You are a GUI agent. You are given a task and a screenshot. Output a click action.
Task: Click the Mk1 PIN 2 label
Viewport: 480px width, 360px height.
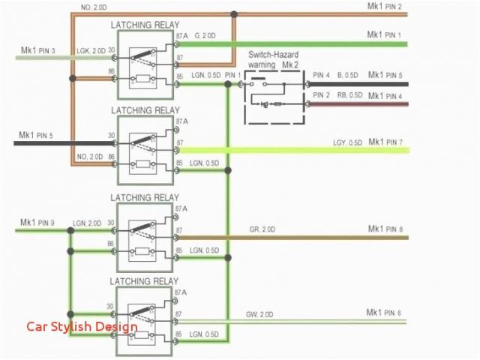(384, 7)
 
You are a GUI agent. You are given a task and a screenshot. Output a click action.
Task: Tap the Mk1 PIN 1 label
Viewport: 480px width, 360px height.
(384, 34)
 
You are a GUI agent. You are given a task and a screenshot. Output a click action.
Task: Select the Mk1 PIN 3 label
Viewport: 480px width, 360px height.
(37, 50)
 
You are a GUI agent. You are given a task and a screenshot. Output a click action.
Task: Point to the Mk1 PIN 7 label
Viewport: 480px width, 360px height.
(384, 142)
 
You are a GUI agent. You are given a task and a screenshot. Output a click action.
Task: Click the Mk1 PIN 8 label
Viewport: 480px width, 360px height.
(385, 229)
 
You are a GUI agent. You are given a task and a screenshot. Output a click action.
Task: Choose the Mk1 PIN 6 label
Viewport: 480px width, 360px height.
(384, 312)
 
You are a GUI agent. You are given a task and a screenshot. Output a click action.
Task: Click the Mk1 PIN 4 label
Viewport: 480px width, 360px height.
(385, 95)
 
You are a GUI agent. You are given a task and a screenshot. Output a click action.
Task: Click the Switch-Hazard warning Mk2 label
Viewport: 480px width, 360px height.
(275, 60)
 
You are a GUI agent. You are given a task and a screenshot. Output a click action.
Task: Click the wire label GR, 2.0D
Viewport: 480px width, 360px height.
(262, 229)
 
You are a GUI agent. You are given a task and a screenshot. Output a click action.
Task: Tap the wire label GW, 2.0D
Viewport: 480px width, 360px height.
(260, 313)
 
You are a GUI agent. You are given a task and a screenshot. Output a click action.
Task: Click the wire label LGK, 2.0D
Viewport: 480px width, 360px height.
(90, 50)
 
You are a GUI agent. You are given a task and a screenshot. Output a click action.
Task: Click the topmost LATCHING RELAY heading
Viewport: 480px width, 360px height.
(145, 25)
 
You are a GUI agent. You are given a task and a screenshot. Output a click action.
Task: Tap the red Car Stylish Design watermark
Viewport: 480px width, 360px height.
(82, 326)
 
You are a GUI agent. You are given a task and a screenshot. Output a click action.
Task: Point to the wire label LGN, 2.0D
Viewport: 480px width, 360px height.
(88, 223)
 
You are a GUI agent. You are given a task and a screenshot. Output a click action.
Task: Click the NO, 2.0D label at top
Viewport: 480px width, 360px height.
(94, 7)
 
